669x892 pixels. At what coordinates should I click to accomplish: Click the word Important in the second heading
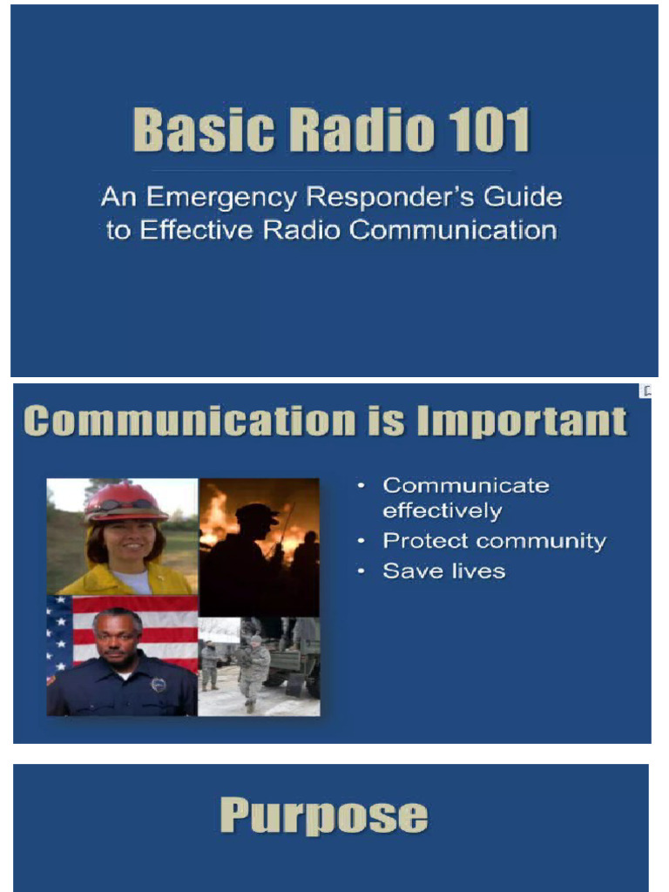[522, 421]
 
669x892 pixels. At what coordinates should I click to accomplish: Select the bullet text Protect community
[494, 541]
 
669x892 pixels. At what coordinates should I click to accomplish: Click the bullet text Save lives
[444, 571]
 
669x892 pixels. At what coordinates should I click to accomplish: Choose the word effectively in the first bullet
[442, 510]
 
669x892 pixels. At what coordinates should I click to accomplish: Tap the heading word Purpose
[323, 816]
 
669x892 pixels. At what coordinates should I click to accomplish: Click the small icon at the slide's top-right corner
[647, 391]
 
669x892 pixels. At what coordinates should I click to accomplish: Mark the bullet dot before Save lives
[361, 572]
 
